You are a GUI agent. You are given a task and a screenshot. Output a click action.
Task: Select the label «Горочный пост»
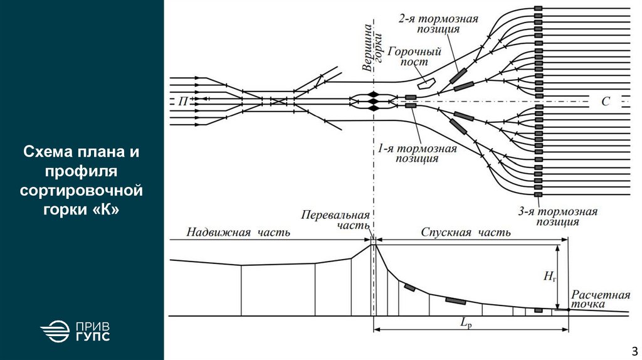415,56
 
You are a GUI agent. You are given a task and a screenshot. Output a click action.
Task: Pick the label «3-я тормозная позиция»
558,216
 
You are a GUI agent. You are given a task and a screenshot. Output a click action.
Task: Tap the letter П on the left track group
182,100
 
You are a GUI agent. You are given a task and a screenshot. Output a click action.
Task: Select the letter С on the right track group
605,101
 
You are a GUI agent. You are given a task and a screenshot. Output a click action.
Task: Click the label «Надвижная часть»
238,233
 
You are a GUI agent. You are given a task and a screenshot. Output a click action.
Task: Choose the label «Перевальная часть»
335,220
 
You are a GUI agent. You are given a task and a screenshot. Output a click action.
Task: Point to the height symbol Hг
549,277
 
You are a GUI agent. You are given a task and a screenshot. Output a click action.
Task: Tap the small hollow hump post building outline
427,80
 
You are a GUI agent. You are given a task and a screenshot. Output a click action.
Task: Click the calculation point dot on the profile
568,309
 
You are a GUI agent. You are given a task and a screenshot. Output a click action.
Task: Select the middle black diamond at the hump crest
373,100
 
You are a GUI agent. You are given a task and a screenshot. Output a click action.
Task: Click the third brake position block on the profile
538,309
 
